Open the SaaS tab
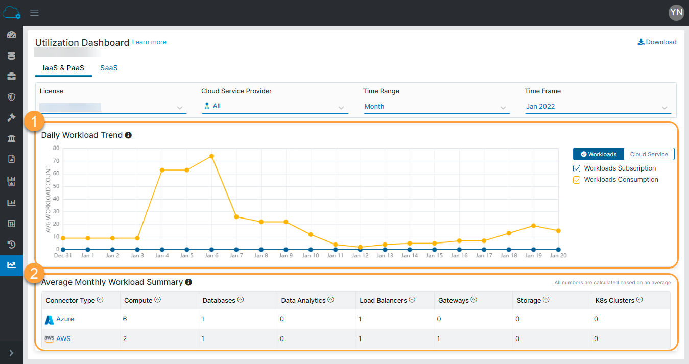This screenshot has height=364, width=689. click(x=109, y=68)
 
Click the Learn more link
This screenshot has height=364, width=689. click(x=149, y=42)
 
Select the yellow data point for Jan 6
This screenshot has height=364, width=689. click(x=211, y=156)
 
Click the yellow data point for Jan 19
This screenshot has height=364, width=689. click(x=533, y=226)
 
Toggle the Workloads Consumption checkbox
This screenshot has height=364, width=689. click(x=577, y=180)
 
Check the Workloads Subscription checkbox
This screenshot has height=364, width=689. click(x=577, y=168)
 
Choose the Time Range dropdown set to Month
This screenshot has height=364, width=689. click(x=436, y=107)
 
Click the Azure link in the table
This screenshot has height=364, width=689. click(x=65, y=319)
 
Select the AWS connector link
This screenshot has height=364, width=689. click(x=63, y=338)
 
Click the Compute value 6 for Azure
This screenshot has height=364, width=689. click(x=125, y=319)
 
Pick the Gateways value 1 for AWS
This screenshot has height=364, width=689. click(x=439, y=338)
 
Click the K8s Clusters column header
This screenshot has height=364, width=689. click(x=614, y=301)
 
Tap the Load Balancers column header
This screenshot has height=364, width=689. click(x=383, y=301)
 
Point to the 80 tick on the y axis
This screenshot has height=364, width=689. click(x=56, y=149)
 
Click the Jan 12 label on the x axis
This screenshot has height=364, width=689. click(x=360, y=256)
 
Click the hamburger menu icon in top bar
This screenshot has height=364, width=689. click(x=34, y=13)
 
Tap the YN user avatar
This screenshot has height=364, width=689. click(x=676, y=13)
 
